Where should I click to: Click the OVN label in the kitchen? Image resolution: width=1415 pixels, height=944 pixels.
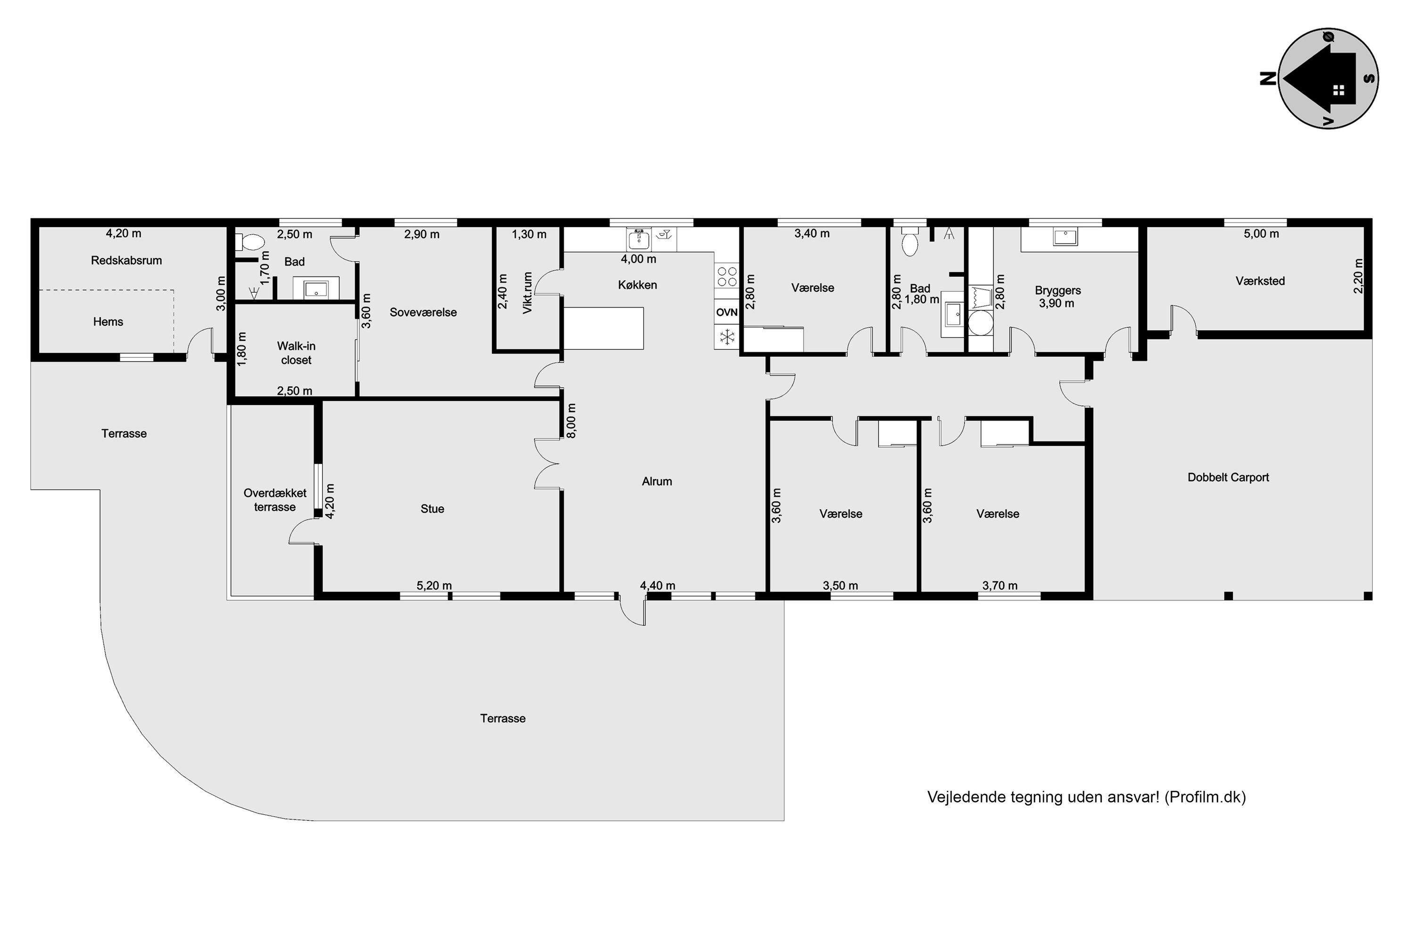pyautogui.click(x=727, y=312)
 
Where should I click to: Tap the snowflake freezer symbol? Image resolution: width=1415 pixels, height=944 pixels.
pyautogui.click(x=727, y=337)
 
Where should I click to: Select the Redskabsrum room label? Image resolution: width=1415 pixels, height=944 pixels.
pyautogui.click(x=126, y=261)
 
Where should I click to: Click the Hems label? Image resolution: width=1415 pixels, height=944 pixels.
pyautogui.click(x=108, y=322)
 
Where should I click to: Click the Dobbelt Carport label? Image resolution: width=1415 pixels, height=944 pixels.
pyautogui.click(x=1228, y=477)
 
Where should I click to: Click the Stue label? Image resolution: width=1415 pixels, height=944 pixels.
pyautogui.click(x=433, y=509)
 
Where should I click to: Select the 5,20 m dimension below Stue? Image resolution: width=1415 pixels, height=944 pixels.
pyautogui.click(x=434, y=586)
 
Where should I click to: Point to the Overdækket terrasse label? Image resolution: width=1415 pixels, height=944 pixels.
pyautogui.click(x=275, y=500)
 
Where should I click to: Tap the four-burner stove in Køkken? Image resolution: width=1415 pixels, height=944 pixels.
pyautogui.click(x=727, y=276)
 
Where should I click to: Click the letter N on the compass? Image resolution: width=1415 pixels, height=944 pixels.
pyautogui.click(x=1268, y=79)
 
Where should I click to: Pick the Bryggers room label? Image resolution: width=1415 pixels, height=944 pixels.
pyautogui.click(x=1057, y=291)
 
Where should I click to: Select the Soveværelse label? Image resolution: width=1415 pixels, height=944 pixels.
pyautogui.click(x=424, y=312)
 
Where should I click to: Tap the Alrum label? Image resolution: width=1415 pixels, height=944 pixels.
pyautogui.click(x=657, y=481)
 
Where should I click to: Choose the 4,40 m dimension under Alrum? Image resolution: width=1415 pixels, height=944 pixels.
pyautogui.click(x=658, y=586)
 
